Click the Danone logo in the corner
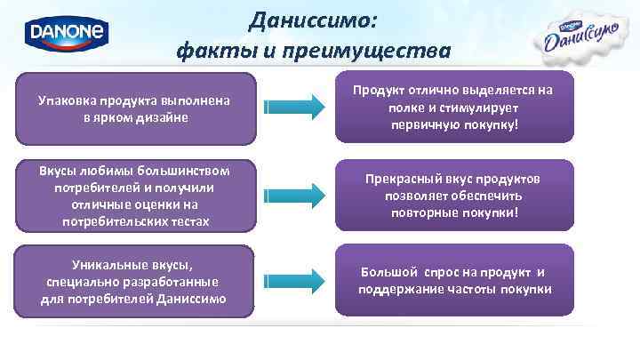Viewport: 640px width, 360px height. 67,35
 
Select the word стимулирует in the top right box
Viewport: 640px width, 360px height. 490,107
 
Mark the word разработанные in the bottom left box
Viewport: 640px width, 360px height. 177,282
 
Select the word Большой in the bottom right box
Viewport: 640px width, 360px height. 391,273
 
